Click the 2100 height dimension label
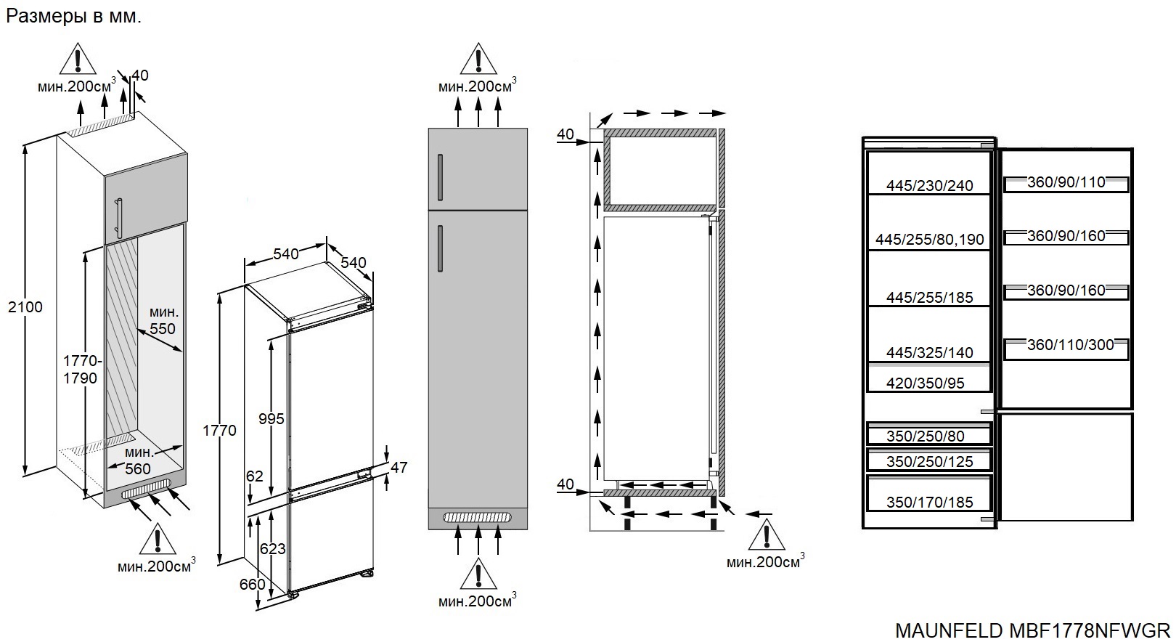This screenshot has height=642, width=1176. [x=25, y=306]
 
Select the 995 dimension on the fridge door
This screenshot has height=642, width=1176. [x=271, y=419]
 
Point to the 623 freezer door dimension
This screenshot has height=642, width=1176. [x=272, y=548]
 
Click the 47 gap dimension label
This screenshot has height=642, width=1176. [x=399, y=467]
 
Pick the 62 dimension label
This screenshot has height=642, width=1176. [x=255, y=476]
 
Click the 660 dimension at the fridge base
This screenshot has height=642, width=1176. [x=252, y=584]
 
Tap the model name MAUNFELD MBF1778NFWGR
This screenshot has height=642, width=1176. [x=1033, y=630]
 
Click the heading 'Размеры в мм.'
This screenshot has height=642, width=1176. [x=73, y=16]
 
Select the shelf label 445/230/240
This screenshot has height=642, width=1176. [x=930, y=185]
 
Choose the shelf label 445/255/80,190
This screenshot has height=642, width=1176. [x=930, y=240]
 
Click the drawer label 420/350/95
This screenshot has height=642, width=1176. [x=926, y=383]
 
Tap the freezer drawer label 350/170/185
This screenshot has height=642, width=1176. [x=930, y=503]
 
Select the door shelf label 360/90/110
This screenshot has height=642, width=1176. [x=1066, y=182]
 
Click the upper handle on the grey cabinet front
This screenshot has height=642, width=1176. [x=440, y=178]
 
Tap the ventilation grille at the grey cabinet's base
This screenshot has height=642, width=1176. [x=478, y=518]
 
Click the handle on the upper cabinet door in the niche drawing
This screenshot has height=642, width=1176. [x=120, y=218]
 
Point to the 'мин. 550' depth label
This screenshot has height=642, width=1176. [x=163, y=320]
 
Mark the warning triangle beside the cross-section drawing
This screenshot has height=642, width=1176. [x=767, y=535]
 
